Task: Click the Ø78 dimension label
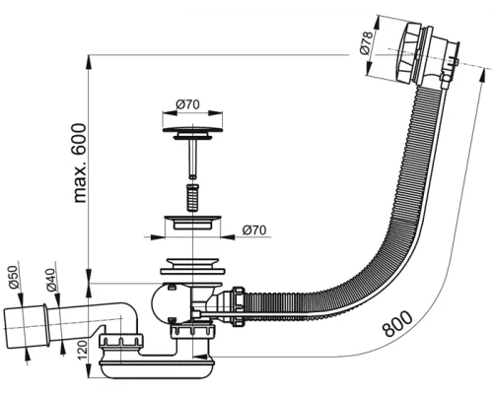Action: (367, 44)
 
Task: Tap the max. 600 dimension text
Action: (78, 164)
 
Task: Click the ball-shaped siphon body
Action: (169, 300)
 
